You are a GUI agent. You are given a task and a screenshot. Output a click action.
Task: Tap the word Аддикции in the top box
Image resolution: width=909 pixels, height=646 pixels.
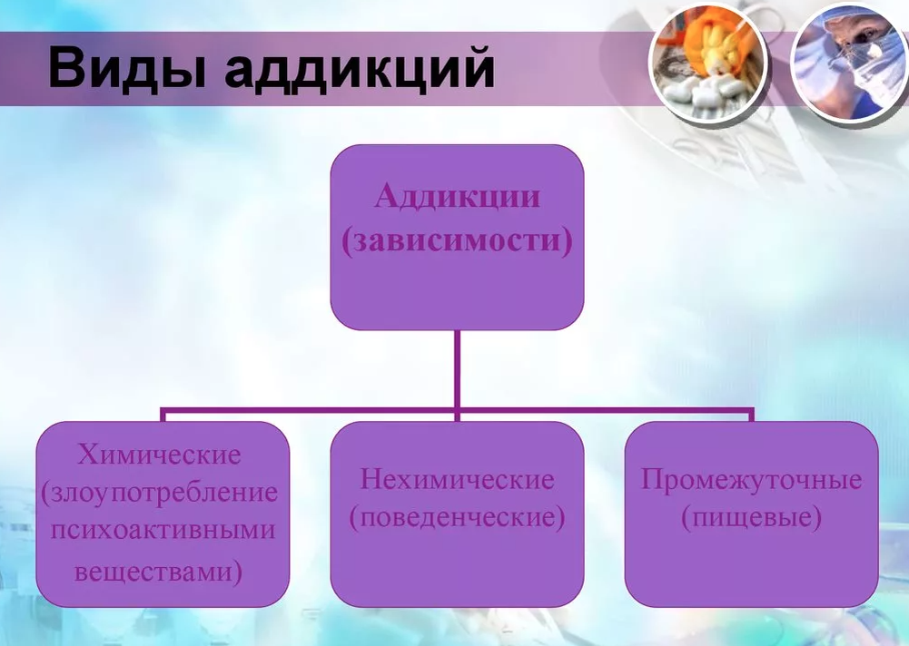coord(458,196)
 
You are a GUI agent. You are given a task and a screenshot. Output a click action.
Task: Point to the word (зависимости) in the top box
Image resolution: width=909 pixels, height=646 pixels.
coord(458,240)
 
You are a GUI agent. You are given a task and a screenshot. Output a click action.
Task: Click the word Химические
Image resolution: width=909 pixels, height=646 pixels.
coord(159,455)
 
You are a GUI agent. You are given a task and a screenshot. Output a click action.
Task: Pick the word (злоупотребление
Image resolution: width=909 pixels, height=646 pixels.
coord(160,493)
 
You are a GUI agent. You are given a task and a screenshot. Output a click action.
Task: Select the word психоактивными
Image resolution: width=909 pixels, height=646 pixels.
coord(163,531)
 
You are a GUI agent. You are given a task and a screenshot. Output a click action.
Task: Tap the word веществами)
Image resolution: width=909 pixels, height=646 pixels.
coord(158,572)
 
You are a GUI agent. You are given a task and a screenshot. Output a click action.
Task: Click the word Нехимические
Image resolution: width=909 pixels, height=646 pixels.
coord(458,480)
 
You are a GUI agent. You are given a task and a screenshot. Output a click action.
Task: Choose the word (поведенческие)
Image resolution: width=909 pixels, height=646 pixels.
coord(458,517)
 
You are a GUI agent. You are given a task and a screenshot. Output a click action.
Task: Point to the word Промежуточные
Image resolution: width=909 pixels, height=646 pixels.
coord(751,480)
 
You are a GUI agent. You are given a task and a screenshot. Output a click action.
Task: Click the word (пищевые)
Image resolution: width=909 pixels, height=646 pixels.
coord(751,517)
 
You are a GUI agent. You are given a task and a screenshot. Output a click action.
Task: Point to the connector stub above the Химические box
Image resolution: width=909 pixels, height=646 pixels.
coord(163,415)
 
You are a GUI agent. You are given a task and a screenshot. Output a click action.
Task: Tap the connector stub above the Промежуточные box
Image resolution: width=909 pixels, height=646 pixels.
coord(751,415)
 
